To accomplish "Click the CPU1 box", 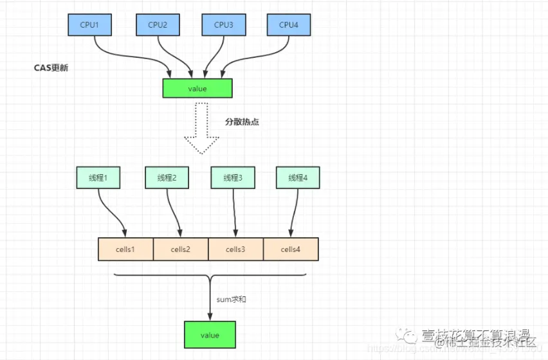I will click(90, 25).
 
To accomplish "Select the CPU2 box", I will click(158, 25).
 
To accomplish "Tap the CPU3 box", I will click(223, 25).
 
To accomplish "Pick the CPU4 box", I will click(289, 25).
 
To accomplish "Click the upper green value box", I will click(197, 88).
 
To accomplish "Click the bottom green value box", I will click(210, 335).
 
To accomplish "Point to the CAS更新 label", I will click(51, 67).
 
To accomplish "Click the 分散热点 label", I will click(241, 122).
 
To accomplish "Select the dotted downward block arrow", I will click(201, 129).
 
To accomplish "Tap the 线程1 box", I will click(98, 178).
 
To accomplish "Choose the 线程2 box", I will click(167, 178).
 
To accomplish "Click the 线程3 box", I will click(233, 178).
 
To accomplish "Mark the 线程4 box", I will click(298, 178).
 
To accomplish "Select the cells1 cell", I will click(125, 249).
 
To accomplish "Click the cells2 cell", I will click(181, 249).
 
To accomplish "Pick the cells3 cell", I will click(236, 249).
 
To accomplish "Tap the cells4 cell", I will click(291, 249).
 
